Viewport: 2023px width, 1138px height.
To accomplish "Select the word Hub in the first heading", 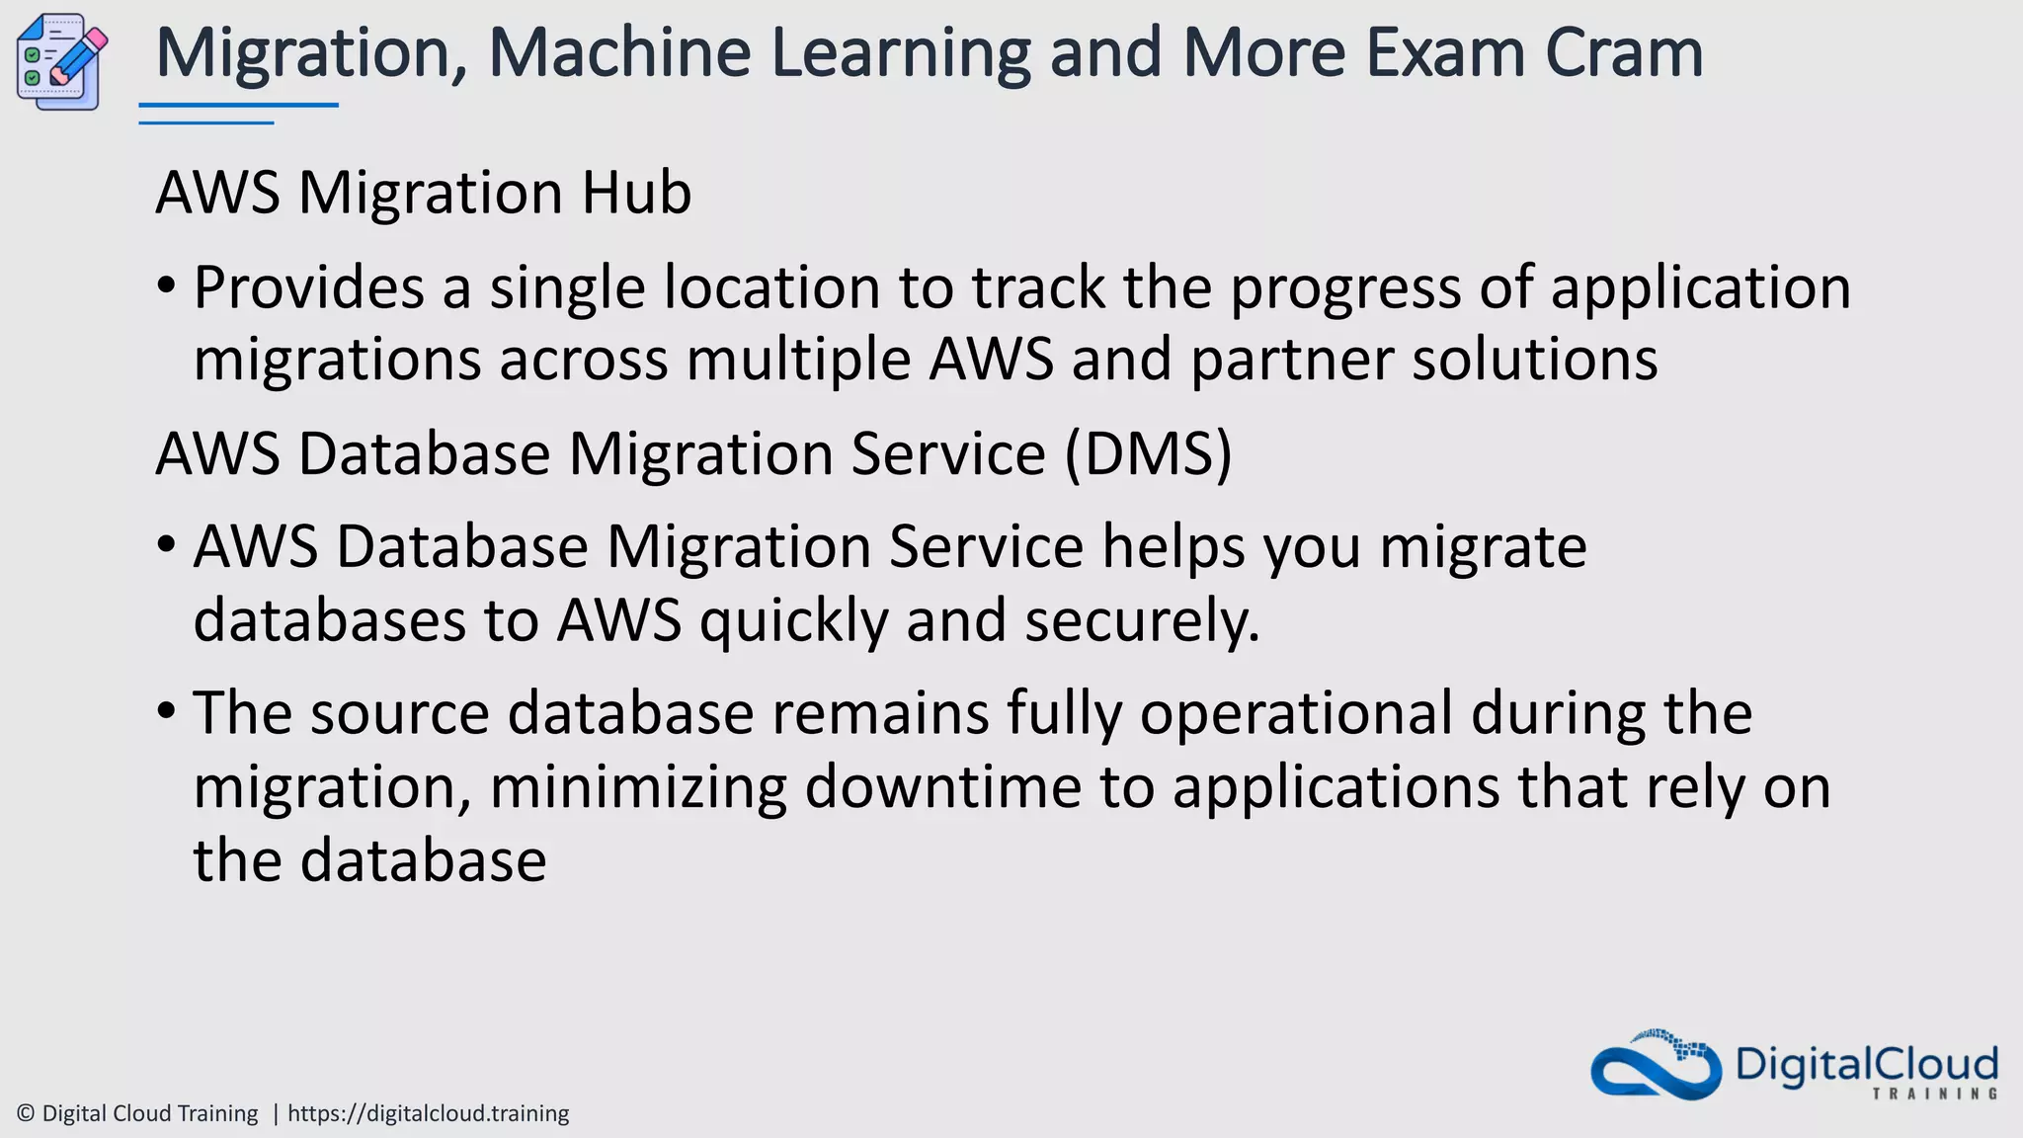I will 636,192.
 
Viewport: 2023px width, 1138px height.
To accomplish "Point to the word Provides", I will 309,287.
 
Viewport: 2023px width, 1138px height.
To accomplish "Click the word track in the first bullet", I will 1038,287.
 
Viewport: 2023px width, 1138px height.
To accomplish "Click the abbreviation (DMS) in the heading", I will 1148,454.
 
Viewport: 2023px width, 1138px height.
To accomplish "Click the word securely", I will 1142,620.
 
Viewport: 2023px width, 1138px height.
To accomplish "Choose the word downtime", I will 943,786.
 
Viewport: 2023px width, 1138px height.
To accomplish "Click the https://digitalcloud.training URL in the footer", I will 428,1113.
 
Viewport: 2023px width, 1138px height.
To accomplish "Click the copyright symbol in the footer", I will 26,1113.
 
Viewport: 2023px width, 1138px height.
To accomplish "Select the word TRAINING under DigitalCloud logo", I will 1935,1094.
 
